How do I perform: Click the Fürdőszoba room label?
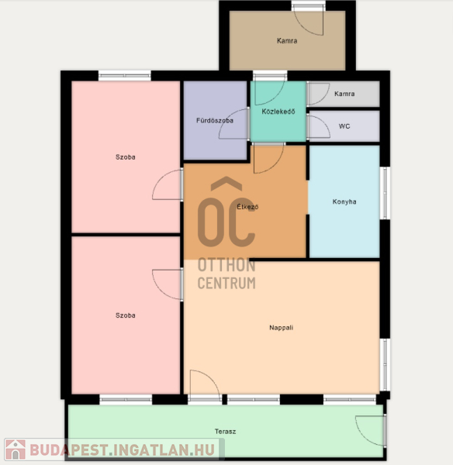[x=215, y=120]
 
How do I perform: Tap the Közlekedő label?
[x=278, y=112]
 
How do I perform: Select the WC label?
[x=344, y=126]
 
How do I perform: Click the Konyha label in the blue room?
[x=344, y=201]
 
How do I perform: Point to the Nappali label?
[x=281, y=328]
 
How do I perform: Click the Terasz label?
[x=225, y=432]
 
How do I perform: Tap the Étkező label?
[x=247, y=207]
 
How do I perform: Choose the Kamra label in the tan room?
[x=287, y=40]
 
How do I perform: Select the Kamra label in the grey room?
[x=344, y=94]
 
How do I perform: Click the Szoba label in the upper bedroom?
[x=125, y=157]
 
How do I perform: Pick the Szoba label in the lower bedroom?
[x=125, y=315]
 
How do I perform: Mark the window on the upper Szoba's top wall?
[x=125, y=76]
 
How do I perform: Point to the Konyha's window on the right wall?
[x=385, y=193]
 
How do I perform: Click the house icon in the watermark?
[x=16, y=449]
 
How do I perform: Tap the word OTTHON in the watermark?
[x=226, y=265]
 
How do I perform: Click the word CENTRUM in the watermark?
[x=226, y=283]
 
